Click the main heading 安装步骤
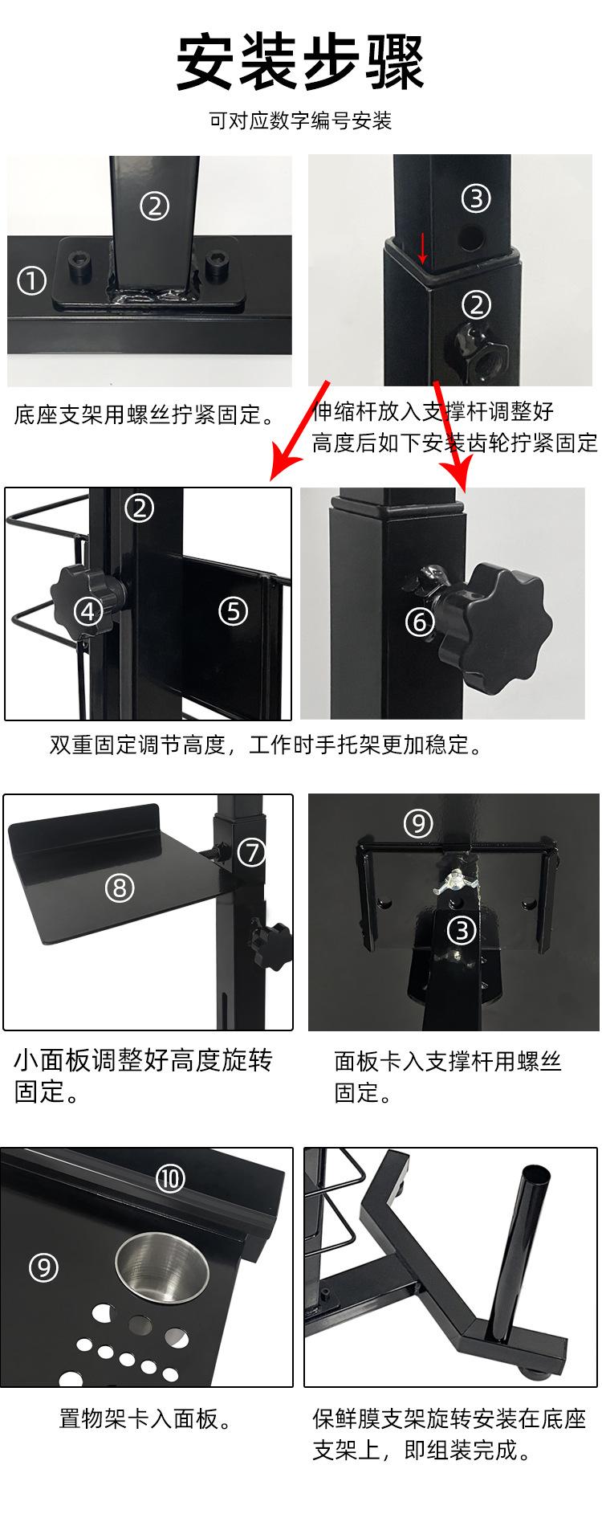click(x=300, y=63)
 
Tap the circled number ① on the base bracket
click(x=32, y=281)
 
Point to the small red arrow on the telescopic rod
click(x=423, y=248)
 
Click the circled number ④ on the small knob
click(x=87, y=612)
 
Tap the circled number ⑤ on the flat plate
click(x=233, y=611)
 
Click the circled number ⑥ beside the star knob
click(x=420, y=621)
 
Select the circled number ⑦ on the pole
click(x=252, y=851)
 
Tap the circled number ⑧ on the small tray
click(x=120, y=887)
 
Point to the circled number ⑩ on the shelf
click(x=170, y=1179)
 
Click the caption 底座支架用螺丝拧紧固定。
click(x=144, y=415)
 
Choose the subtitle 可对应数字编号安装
click(x=300, y=121)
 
